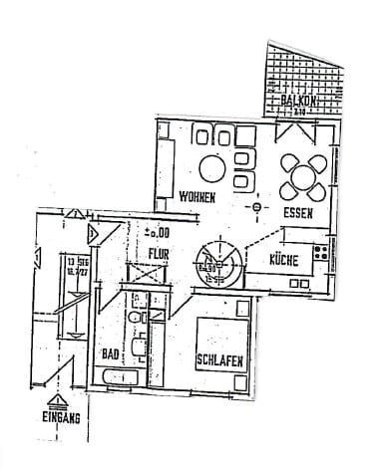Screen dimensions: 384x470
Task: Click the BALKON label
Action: point(298,101)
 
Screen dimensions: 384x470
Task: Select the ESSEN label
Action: point(298,213)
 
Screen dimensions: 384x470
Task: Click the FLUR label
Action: point(159,254)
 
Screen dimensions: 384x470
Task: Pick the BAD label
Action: point(110,353)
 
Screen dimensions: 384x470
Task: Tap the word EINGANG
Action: point(61,419)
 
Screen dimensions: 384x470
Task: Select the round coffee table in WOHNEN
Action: point(212,167)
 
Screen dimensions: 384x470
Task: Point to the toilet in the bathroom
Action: point(135,318)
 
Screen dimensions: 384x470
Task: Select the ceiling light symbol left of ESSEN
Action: point(257,207)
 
